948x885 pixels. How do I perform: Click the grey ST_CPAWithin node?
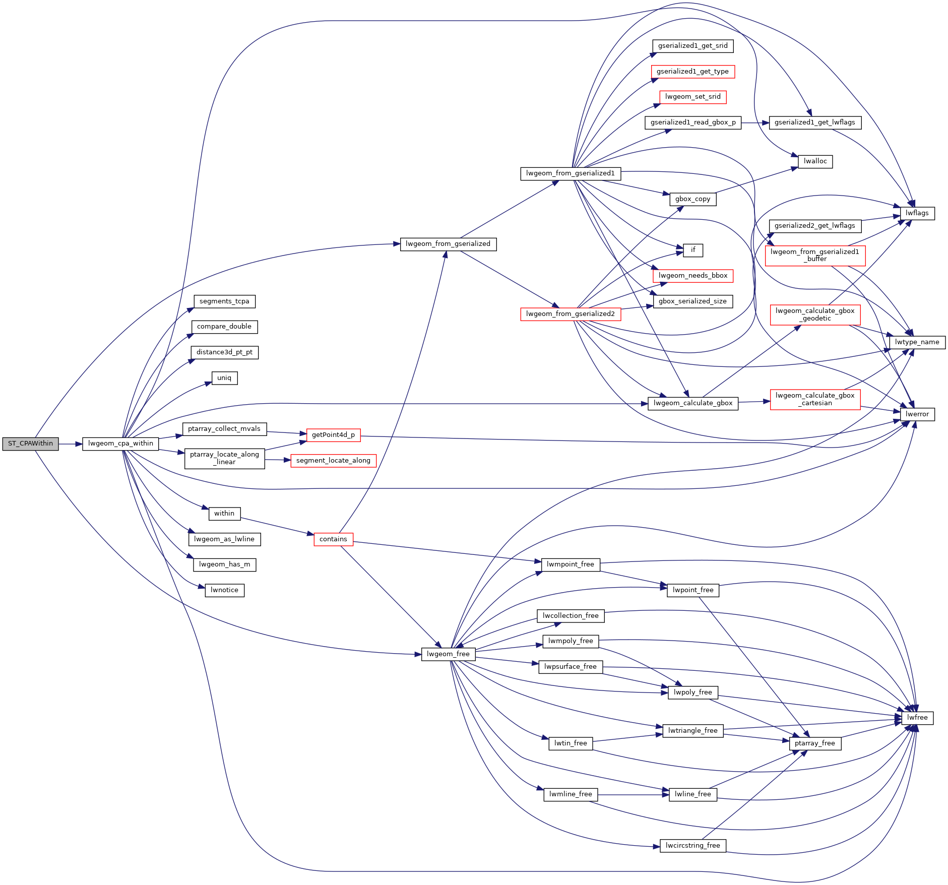30,444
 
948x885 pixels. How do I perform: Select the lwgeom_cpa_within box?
120,444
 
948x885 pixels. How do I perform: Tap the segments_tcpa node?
224,301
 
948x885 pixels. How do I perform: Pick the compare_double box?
224,327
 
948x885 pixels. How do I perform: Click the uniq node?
224,378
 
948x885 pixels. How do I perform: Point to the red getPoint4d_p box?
333,435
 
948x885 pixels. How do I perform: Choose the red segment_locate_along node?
333,461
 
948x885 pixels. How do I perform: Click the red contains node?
333,539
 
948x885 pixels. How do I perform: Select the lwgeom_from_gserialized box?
448,244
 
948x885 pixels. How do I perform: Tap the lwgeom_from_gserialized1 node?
571,173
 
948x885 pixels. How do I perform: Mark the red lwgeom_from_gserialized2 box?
571,314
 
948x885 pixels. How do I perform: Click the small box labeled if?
693,250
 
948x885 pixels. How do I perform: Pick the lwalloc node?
815,161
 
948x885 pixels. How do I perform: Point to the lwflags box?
917,213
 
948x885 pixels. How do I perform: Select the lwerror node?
917,414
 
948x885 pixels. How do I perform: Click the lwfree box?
917,718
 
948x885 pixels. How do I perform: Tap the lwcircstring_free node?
693,846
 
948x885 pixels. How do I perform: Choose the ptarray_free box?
815,743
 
